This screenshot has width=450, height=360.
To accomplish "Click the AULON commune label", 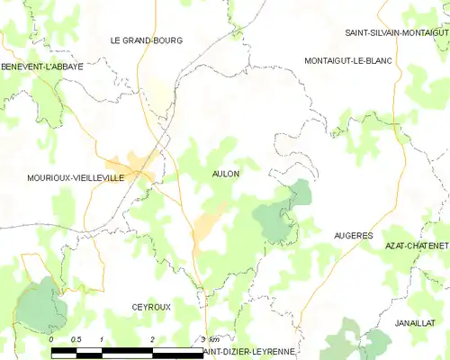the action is (225, 173).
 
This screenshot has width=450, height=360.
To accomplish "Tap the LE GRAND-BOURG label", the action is (146, 40).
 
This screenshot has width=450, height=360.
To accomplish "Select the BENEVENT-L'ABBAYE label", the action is (41, 67).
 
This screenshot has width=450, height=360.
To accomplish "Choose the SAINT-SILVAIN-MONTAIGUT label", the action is (396, 32).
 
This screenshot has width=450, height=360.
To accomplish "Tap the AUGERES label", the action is (353, 235).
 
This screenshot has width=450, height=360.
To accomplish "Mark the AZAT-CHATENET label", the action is (416, 245).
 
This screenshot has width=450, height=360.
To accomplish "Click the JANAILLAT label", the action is (415, 321).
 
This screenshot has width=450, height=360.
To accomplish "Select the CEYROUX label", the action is (150, 307).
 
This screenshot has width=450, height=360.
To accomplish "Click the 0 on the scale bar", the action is (51, 339).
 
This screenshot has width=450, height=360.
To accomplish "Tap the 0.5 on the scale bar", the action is (76, 339).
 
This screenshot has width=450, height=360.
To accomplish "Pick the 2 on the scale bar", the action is (153, 339).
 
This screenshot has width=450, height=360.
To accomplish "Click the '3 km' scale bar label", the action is (208, 339).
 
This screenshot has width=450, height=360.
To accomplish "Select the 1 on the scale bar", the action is (102, 339).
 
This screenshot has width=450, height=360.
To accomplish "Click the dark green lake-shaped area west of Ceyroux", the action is (40, 306).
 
